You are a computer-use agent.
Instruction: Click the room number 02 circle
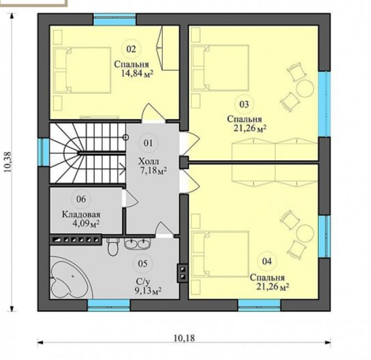pyautogui.click(x=131, y=49)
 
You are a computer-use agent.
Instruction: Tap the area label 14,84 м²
pyautogui.click(x=137, y=74)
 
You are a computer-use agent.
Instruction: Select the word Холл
pyautogui.click(x=149, y=162)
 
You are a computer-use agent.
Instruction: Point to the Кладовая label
pyautogui.click(x=81, y=214)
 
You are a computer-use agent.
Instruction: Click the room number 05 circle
pyautogui.click(x=143, y=263)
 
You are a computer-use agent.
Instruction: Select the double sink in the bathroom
pyautogui.click(x=137, y=244)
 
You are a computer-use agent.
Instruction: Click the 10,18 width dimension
pyautogui.click(x=184, y=338)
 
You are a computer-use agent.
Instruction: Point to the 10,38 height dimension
pyautogui.click(x=7, y=162)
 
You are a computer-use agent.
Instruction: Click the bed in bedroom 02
pyautogui.click(x=82, y=70)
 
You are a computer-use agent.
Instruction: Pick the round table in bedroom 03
pyautogui.click(x=305, y=88)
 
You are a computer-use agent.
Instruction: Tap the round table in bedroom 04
pyautogui.click(x=305, y=233)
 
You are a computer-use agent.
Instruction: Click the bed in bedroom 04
pyautogui.click(x=220, y=254)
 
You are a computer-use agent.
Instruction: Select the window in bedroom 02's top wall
pyautogui.click(x=114, y=20)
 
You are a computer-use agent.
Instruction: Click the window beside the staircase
pyautogui.click(x=43, y=152)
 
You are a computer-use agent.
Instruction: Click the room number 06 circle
pyautogui.click(x=81, y=199)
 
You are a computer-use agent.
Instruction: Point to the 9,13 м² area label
pyautogui.click(x=148, y=290)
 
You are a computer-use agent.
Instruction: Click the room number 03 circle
pyautogui.click(x=244, y=104)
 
